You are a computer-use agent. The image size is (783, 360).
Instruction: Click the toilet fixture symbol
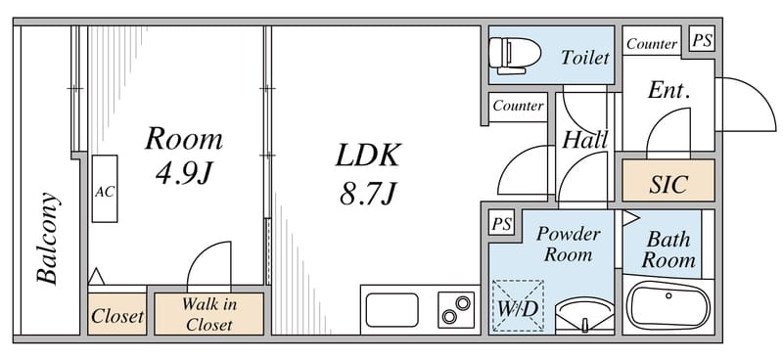[515, 55]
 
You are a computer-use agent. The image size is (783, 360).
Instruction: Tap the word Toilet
[584, 58]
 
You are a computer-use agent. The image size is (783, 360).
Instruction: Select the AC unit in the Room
[105, 189]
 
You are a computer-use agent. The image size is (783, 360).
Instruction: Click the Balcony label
[48, 238]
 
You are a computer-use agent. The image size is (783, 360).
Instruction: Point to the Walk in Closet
[208, 314]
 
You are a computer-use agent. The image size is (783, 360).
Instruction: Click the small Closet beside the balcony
[117, 314]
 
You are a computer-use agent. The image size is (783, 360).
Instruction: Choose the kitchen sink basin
[392, 310]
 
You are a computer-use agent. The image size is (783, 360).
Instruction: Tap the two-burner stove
[456, 310]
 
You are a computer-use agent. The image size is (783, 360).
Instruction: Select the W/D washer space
[518, 305]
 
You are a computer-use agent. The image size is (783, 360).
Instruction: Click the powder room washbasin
[584, 314]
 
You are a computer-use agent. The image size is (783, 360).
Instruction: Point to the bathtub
[668, 305]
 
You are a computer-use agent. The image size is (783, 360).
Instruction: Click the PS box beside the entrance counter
[702, 39]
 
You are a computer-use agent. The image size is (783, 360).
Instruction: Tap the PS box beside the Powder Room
[501, 223]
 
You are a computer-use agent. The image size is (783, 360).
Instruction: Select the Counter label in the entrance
[652, 44]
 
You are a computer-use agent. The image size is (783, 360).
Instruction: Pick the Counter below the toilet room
[518, 106]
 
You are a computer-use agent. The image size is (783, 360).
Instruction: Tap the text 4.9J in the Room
[184, 174]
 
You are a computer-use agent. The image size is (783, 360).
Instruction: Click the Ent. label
[669, 90]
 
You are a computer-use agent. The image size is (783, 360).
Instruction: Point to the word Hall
[584, 140]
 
